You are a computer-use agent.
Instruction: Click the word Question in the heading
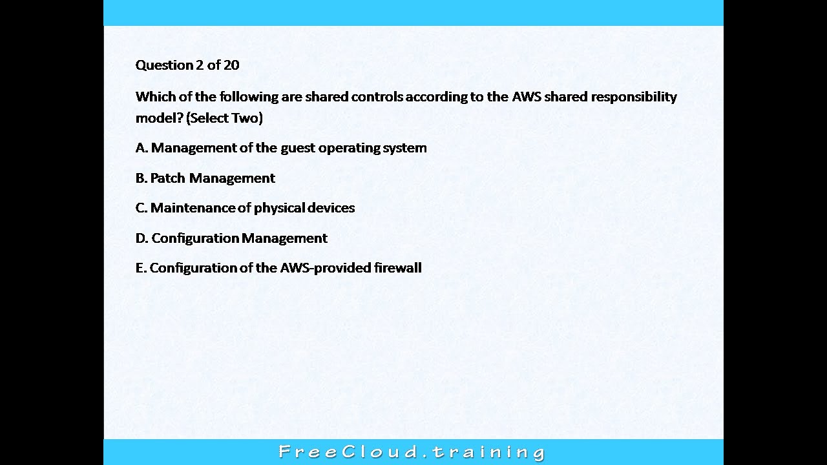165,65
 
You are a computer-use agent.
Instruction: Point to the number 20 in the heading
231,65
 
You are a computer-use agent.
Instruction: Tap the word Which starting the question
152,97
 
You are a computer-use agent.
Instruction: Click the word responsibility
634,97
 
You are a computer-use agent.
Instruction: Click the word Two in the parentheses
245,118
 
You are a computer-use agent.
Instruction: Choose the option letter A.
141,148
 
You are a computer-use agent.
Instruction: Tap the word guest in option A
298,148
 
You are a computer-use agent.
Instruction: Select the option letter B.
141,178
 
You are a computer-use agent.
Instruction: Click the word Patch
167,178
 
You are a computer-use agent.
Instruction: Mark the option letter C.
141,208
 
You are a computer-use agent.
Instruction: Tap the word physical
278,208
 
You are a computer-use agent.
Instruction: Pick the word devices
331,208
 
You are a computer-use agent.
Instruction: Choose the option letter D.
141,238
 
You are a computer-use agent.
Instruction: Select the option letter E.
140,268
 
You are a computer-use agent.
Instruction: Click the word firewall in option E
398,268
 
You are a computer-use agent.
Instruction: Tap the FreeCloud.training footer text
412,451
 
